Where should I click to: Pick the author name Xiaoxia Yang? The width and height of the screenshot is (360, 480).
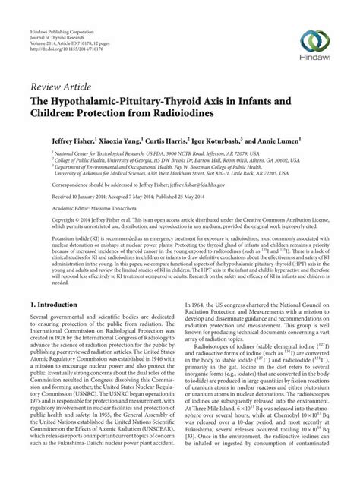point(111,141)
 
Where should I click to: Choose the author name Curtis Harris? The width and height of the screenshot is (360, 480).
point(165,141)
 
